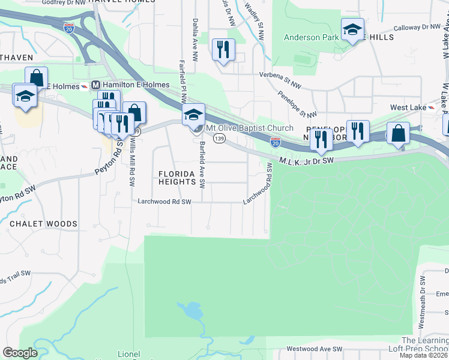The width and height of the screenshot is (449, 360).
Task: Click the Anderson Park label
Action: (310, 37)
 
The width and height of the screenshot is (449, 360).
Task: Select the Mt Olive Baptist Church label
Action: (250, 128)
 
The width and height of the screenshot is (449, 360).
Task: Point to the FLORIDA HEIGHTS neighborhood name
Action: (178, 178)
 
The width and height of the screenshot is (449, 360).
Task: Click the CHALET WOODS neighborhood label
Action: (43, 224)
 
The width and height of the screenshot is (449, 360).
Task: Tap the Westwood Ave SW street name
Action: (314, 349)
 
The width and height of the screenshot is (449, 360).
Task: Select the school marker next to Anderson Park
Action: (353, 29)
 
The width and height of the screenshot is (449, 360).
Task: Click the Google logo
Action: (20, 352)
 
